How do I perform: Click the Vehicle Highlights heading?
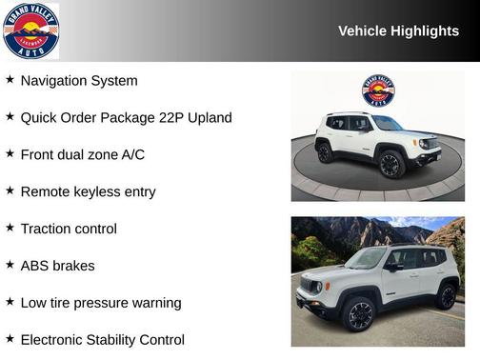(398, 31)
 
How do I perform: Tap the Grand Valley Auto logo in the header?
(30, 30)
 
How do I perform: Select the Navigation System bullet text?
(79, 81)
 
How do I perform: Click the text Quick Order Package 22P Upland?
(126, 118)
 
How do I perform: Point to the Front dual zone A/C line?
(83, 154)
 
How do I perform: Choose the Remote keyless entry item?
(88, 191)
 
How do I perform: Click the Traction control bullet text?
(69, 229)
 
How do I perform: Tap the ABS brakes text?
(57, 266)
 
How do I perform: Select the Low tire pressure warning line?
(100, 303)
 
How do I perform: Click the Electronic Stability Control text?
(102, 340)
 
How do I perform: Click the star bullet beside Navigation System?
(10, 80)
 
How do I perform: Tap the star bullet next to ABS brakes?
(10, 265)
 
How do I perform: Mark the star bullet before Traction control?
(10, 228)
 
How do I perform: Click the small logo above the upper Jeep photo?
(378, 90)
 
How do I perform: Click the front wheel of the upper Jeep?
(390, 164)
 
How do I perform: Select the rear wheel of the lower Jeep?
(446, 295)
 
